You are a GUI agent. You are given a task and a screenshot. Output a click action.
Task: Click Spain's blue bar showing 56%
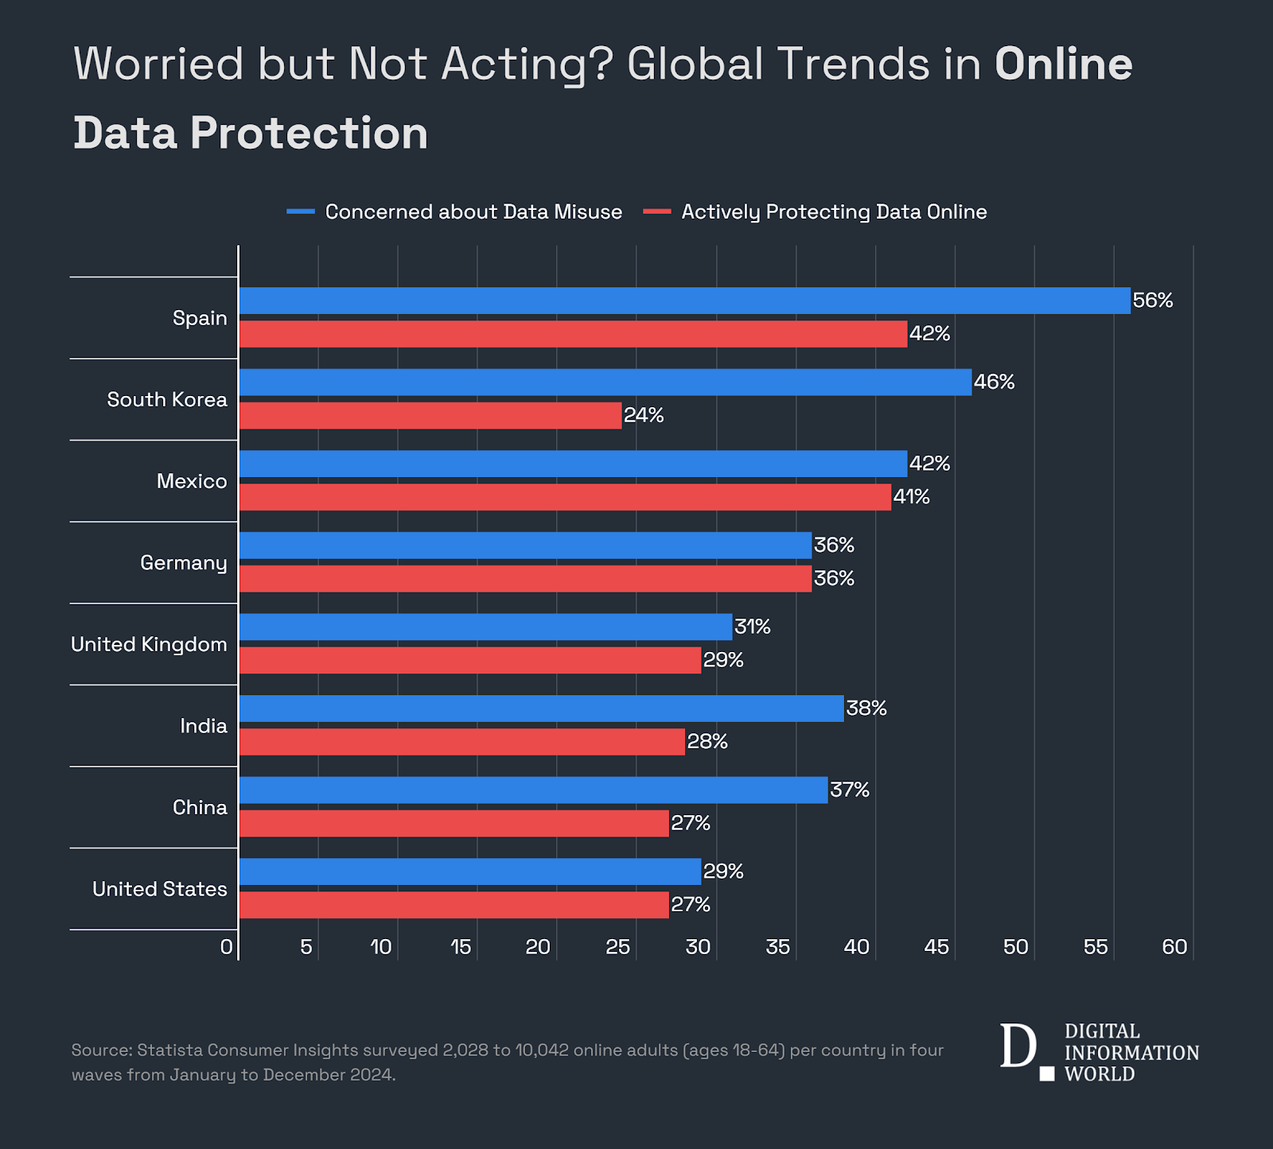tap(684, 301)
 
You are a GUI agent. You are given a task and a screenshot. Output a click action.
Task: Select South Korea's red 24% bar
tap(430, 415)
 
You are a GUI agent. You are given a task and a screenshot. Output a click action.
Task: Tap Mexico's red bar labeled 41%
tap(565, 497)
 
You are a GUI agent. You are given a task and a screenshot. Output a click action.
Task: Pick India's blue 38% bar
tap(541, 708)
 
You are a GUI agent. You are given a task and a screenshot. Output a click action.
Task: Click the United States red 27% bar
tap(454, 905)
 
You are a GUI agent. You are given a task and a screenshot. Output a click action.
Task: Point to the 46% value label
tap(995, 382)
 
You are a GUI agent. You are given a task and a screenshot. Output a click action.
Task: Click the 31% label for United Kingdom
tap(753, 627)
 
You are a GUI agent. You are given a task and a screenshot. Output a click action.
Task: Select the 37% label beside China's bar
tap(850, 790)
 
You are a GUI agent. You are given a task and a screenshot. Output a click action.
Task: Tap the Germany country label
tap(184, 563)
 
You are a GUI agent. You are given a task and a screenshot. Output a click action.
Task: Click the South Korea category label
tap(167, 399)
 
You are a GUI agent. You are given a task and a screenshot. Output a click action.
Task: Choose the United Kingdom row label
tap(149, 644)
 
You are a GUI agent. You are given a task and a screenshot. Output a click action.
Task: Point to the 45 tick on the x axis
tap(936, 947)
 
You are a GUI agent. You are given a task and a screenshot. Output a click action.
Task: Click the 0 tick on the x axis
tap(227, 947)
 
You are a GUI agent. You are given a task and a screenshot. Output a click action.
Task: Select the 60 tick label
tap(1174, 947)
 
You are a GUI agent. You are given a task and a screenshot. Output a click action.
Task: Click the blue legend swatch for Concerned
tap(301, 212)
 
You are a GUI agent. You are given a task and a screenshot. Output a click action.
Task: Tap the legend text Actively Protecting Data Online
tap(834, 212)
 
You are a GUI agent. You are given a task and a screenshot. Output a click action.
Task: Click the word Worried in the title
tap(158, 64)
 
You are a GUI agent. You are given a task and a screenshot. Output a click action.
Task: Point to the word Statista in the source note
tap(169, 1050)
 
